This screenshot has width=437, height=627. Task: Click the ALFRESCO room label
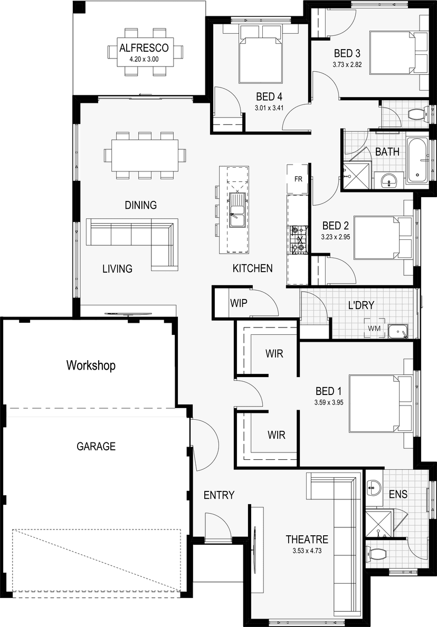click(x=144, y=48)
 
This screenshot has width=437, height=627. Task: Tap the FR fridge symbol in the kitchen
click(x=298, y=179)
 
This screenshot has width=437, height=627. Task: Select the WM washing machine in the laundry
click(x=374, y=329)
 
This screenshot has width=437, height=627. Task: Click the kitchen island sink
click(x=237, y=210)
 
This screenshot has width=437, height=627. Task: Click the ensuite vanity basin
click(x=374, y=486)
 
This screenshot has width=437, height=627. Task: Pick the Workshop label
click(x=91, y=365)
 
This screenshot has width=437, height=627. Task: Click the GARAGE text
click(x=96, y=446)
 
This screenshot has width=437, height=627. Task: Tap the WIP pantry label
click(x=239, y=303)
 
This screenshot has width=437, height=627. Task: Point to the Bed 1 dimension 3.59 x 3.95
click(x=329, y=403)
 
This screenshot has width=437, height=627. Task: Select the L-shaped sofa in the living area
click(x=132, y=244)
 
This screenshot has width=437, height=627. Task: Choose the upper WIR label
click(x=274, y=353)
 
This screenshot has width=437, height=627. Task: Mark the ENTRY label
click(x=219, y=495)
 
